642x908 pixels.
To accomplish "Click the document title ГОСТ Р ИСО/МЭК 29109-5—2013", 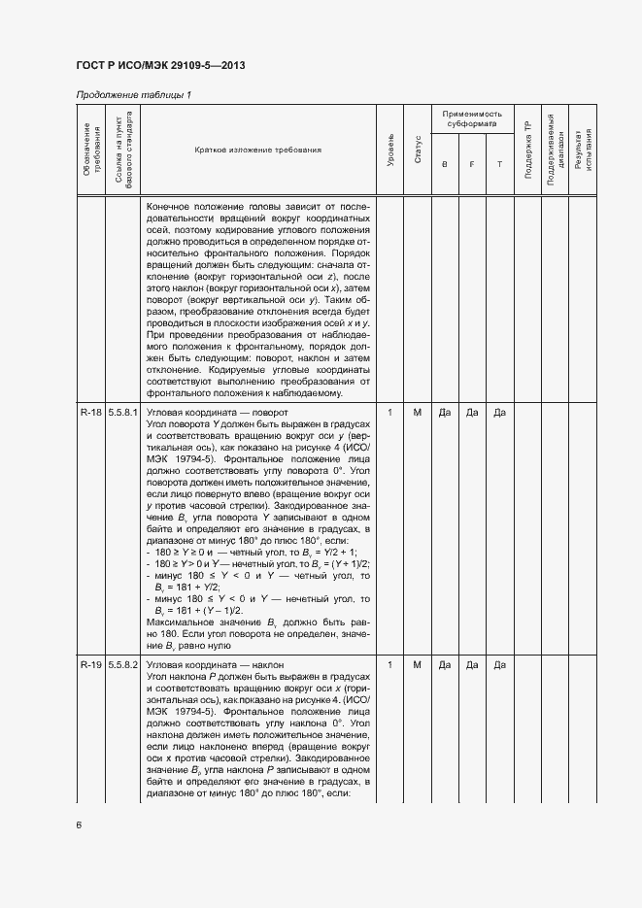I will point(159,65).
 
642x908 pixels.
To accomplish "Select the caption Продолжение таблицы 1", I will point(134,94).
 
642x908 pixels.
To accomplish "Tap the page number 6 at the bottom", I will point(79,824).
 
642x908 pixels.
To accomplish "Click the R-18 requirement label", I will point(91,414).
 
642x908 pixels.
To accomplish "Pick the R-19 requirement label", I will point(91,665).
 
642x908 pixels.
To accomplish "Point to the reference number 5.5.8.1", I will point(124,414).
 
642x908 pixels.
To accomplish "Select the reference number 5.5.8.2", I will point(124,665).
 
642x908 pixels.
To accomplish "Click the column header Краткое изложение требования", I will point(257,151).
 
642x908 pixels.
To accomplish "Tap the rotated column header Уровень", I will point(390,151).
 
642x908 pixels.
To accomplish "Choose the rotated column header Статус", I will point(418,151).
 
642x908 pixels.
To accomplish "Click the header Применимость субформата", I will point(472,119).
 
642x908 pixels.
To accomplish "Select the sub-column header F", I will point(472,164).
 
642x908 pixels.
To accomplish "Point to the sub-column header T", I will point(499,164).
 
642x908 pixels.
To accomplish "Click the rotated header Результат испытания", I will point(583,151).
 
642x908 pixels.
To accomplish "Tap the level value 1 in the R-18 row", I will point(390,414).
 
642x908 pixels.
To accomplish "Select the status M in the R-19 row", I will point(418,665).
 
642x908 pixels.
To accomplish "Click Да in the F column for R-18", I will point(472,414).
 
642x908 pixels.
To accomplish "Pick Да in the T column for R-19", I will point(499,665).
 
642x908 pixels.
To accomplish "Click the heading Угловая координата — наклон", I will point(207,665).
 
